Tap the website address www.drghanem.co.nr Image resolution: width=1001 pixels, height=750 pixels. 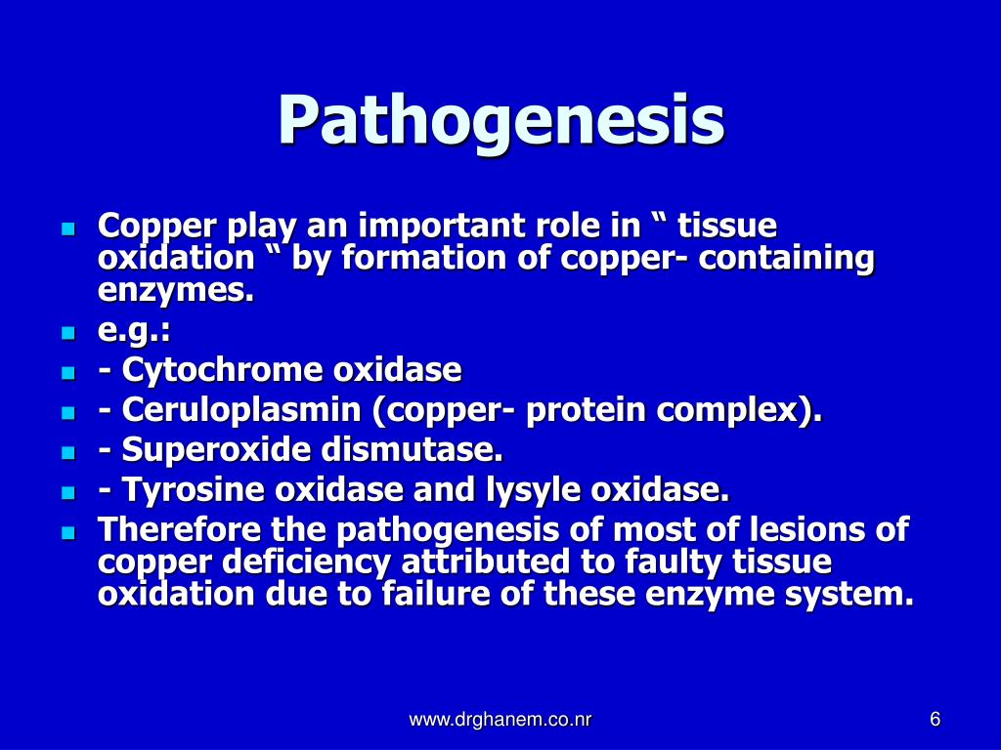coord(500,721)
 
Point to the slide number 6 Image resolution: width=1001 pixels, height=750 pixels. coord(936,721)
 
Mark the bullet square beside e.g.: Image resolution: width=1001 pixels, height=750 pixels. coord(67,333)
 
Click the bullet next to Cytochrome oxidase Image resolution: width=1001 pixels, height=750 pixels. coord(67,373)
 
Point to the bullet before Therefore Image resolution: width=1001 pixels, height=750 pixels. coord(67,532)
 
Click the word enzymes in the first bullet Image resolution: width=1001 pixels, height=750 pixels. coord(175,291)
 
